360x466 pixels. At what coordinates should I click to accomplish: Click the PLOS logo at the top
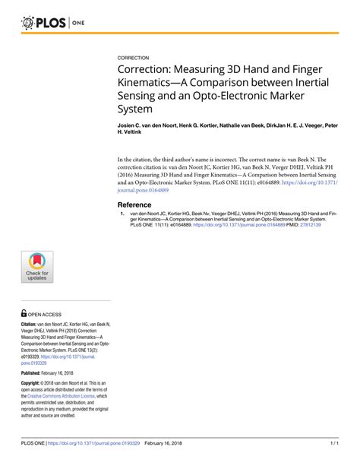(x=48, y=22)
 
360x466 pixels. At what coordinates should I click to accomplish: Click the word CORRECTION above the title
(x=133, y=57)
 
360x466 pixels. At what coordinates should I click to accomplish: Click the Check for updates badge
(x=37, y=267)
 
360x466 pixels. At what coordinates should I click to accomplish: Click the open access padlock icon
(x=24, y=312)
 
